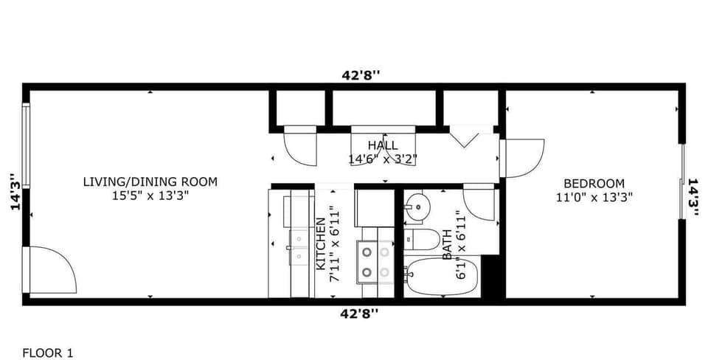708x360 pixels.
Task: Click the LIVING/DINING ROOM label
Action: pyautogui.click(x=150, y=182)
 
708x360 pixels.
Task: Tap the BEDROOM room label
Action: pyautogui.click(x=594, y=184)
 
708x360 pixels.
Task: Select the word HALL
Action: pyautogui.click(x=383, y=145)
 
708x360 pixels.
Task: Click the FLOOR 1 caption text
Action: pyautogui.click(x=48, y=353)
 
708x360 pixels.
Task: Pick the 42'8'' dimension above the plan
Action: pyautogui.click(x=361, y=75)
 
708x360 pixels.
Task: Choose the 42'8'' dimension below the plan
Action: pyautogui.click(x=361, y=314)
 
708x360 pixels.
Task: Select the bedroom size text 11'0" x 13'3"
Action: pyautogui.click(x=594, y=197)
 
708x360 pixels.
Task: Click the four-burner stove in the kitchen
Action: pyautogui.click(x=375, y=262)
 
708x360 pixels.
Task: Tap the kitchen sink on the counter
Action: pyautogui.click(x=299, y=247)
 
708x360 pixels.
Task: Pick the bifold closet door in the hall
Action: pyautogui.click(x=465, y=136)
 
